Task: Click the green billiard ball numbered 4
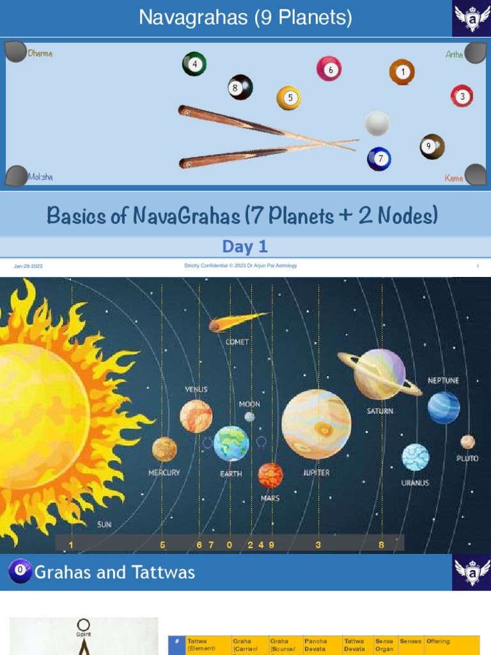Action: [194, 64]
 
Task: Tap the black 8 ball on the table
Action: [240, 88]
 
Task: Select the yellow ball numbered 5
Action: [288, 98]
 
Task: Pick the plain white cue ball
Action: [377, 123]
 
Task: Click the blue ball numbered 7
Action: [379, 159]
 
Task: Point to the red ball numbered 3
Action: [462, 96]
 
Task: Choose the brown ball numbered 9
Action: [432, 146]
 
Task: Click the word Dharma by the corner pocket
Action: [40, 54]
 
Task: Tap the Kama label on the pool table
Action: [454, 178]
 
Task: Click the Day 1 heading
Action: [245, 246]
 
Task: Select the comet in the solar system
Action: [237, 322]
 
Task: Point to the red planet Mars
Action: [270, 475]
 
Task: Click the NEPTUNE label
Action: [443, 381]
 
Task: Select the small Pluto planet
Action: [467, 442]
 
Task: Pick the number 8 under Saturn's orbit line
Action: [381, 545]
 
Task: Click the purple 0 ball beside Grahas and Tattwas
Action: [20, 571]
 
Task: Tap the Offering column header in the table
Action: [438, 641]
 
